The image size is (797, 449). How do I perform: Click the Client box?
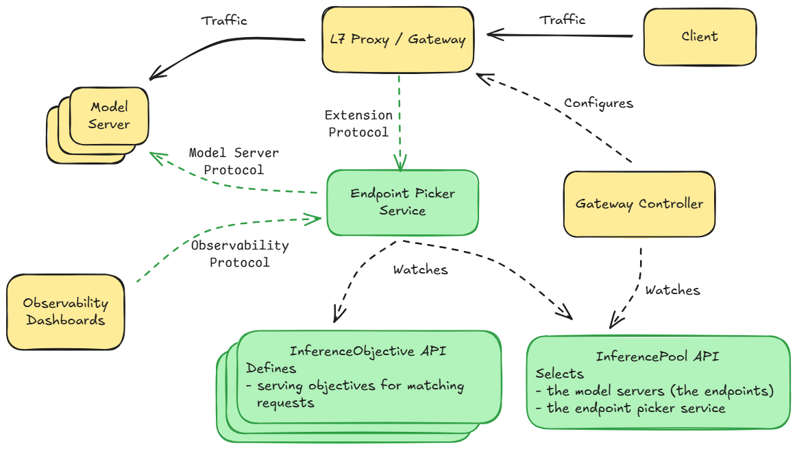[699, 36]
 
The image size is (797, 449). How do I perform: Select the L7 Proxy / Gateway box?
[398, 39]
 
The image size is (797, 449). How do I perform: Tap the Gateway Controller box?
[639, 204]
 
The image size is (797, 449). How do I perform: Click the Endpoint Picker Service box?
[402, 202]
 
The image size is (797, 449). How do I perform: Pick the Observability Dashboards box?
[66, 312]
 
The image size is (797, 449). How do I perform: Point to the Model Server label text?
[109, 116]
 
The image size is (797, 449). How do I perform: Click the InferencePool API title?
[657, 356]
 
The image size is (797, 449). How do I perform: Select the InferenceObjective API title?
[368, 351]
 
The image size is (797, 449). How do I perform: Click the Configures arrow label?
[598, 104]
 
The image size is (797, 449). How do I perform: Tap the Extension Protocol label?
[358, 123]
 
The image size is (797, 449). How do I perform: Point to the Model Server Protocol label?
[234, 161]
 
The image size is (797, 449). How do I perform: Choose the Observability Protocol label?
[239, 254]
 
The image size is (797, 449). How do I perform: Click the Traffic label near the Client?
[563, 20]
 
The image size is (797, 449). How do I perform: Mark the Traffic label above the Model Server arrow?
[224, 21]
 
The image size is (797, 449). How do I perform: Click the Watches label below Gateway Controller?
[672, 290]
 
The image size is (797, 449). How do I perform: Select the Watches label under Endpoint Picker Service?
[420, 269]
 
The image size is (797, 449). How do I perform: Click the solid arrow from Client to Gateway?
[559, 34]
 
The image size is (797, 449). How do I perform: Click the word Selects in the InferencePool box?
[559, 374]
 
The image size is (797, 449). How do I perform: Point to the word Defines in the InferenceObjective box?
[271, 368]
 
